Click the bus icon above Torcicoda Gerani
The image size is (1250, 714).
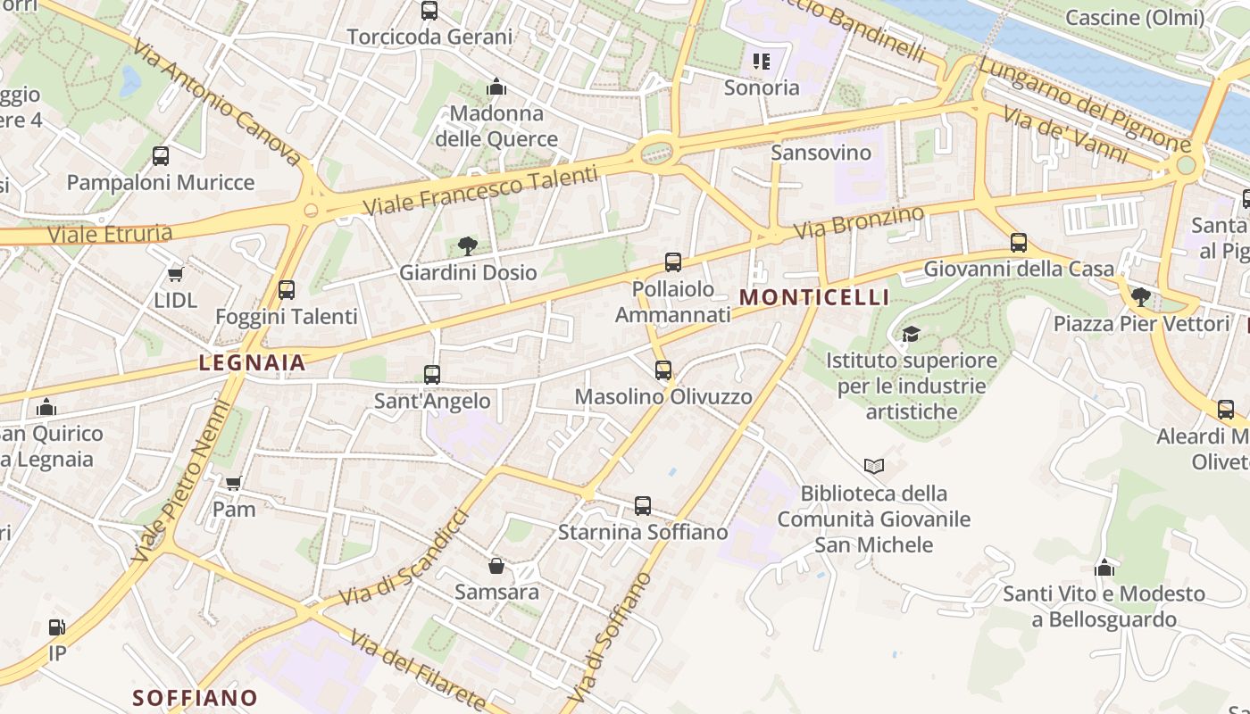click(429, 11)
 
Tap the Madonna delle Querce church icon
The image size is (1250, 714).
click(496, 87)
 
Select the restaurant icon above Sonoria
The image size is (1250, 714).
click(762, 62)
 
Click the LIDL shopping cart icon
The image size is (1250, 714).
click(176, 274)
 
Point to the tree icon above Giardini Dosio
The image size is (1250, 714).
click(467, 246)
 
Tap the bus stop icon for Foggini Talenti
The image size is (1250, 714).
click(287, 290)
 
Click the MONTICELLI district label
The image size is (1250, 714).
click(815, 298)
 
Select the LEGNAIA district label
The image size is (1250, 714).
click(253, 363)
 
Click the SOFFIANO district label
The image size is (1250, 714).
click(196, 697)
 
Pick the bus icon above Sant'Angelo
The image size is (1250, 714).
click(432, 375)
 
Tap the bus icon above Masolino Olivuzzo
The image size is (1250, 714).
click(663, 370)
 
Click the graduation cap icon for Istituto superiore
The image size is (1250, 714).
click(911, 335)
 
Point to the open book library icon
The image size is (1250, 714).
click(874, 466)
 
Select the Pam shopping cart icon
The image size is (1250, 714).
click(234, 484)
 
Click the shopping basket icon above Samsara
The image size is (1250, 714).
click(496, 566)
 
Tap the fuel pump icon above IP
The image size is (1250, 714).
click(57, 627)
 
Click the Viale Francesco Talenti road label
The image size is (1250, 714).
click(480, 191)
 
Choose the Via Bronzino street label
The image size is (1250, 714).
click(859, 222)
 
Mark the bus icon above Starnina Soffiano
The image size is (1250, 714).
click(643, 506)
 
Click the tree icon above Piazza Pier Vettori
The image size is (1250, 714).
click(1140, 297)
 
